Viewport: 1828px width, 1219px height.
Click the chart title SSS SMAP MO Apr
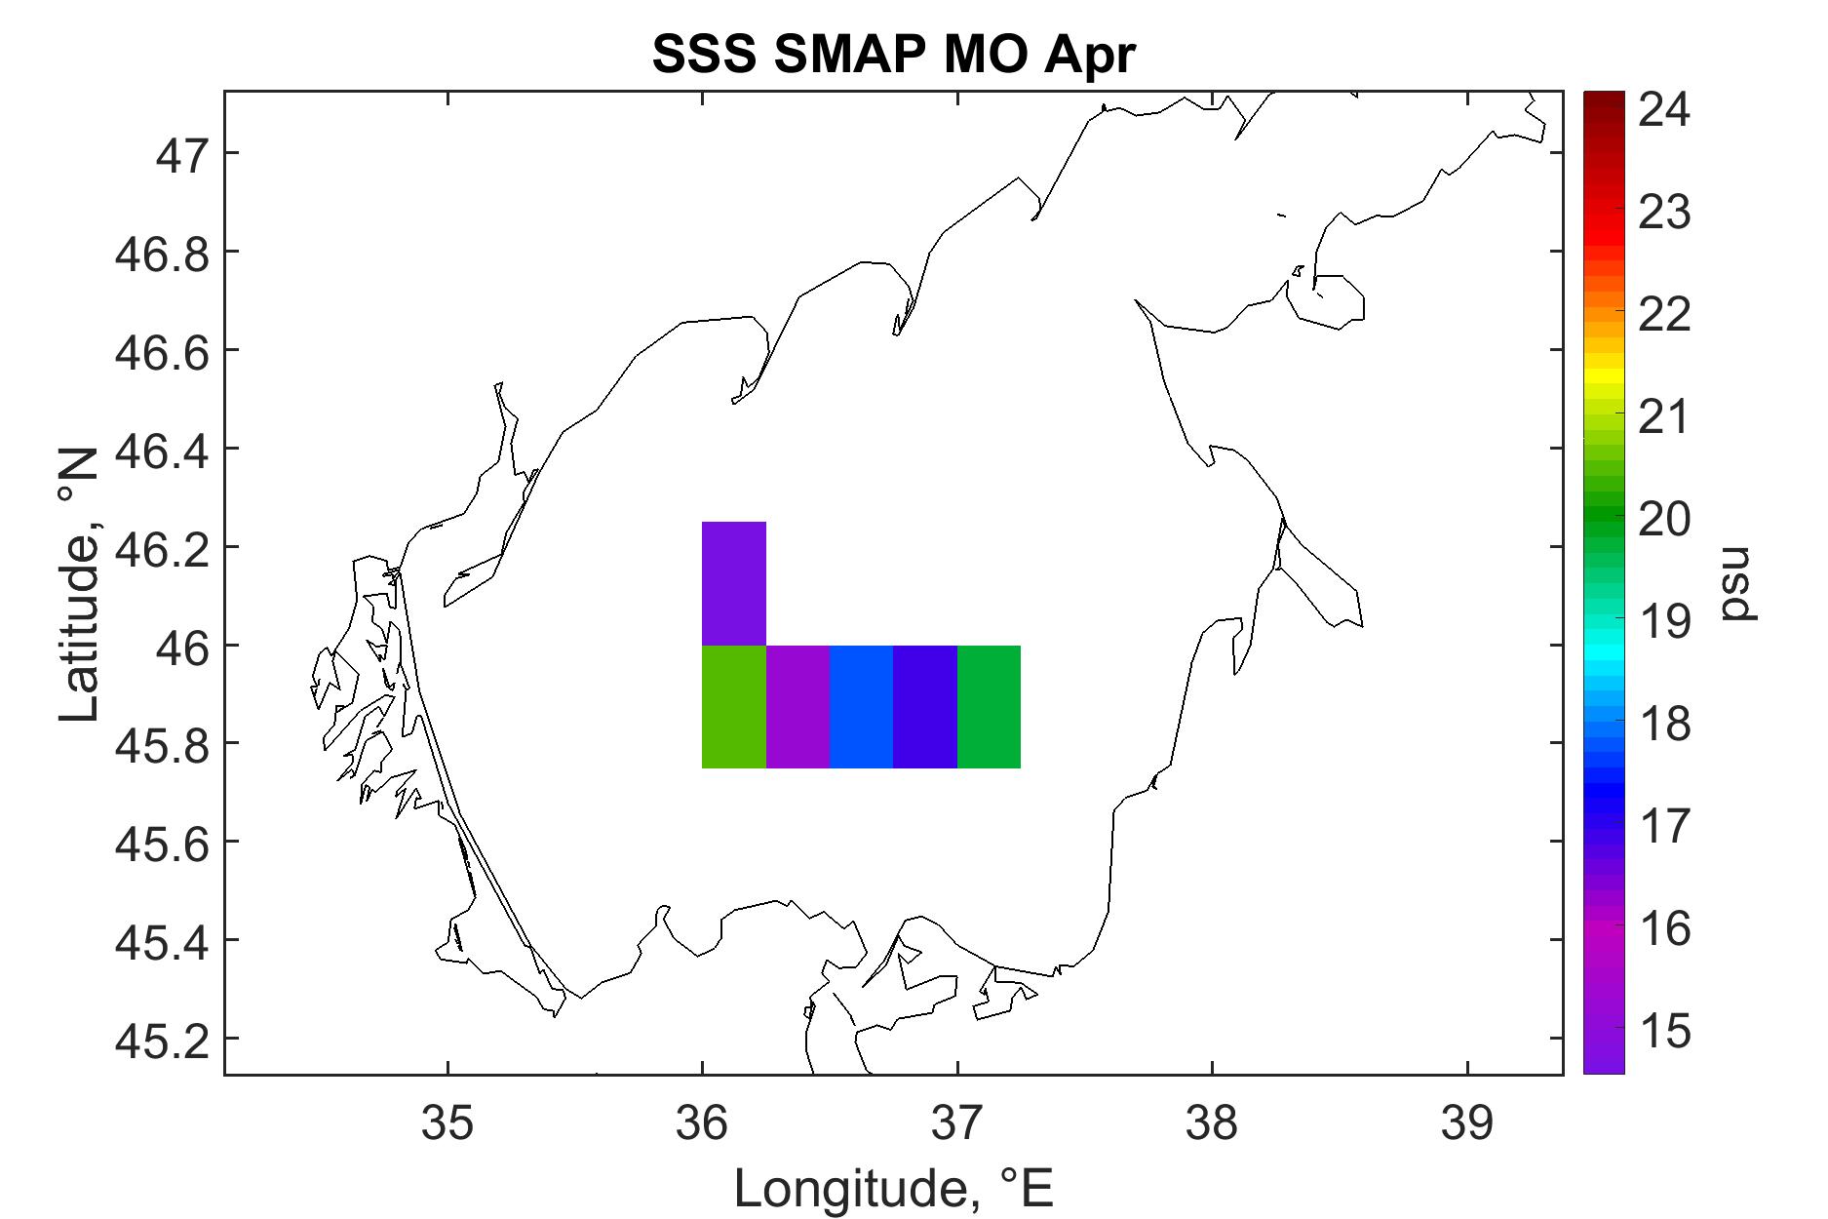pyautogui.click(x=893, y=55)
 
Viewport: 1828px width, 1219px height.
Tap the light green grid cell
pyautogui.click(x=734, y=707)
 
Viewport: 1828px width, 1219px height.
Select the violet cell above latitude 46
pyautogui.click(x=734, y=583)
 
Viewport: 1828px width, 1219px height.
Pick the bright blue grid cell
pyautogui.click(x=862, y=707)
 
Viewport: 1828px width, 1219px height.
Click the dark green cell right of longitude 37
pyautogui.click(x=989, y=707)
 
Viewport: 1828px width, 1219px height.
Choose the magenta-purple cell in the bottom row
pyautogui.click(x=797, y=707)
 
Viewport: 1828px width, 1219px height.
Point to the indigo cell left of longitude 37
pyautogui.click(x=925, y=707)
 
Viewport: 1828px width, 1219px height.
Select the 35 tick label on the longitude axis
pyautogui.click(x=447, y=1122)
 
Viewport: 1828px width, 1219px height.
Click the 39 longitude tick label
pyautogui.click(x=1466, y=1122)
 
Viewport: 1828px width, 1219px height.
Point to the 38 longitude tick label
pyautogui.click(x=1212, y=1122)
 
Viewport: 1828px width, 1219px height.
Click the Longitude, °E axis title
pyautogui.click(x=893, y=1189)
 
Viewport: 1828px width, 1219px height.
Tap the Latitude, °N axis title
pyautogui.click(x=80, y=584)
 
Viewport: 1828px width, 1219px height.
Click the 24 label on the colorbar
pyautogui.click(x=1664, y=109)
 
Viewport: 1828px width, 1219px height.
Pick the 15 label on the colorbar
pyautogui.click(x=1664, y=1032)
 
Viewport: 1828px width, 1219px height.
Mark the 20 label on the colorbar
pyautogui.click(x=1664, y=519)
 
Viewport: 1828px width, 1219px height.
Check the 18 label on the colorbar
pyautogui.click(x=1664, y=725)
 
